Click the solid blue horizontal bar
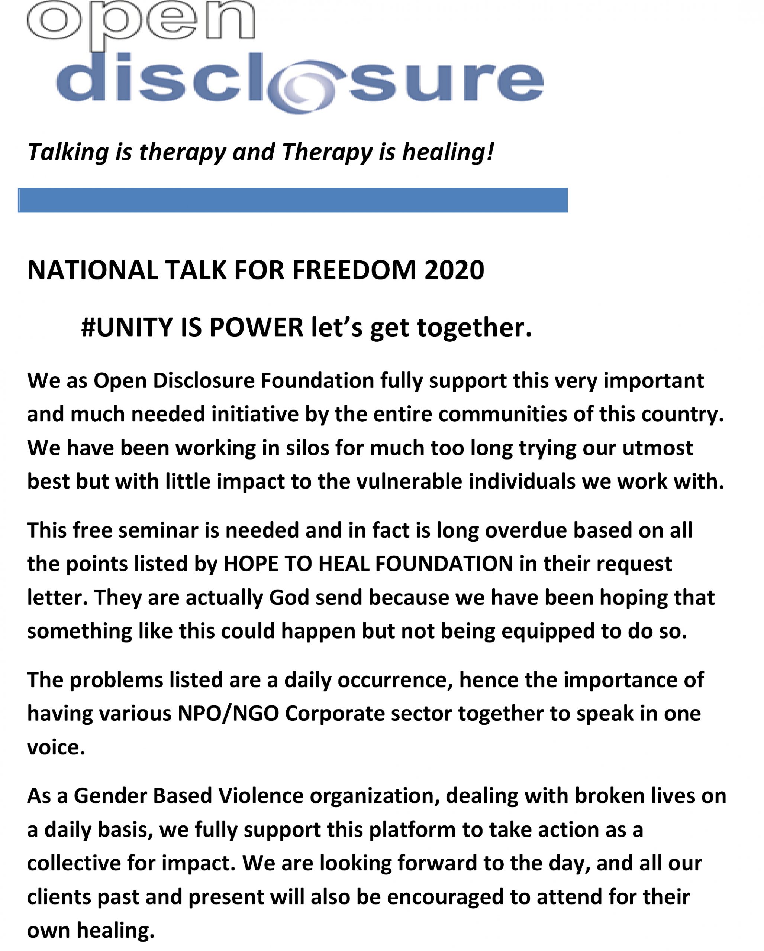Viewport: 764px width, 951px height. pos(293,200)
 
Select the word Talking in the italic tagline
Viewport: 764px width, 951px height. pos(68,152)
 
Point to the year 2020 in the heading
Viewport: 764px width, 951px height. pos(454,270)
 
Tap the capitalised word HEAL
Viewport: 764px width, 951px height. pos(344,564)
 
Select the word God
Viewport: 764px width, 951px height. pos(289,598)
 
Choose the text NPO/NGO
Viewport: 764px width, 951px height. pos(228,714)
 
